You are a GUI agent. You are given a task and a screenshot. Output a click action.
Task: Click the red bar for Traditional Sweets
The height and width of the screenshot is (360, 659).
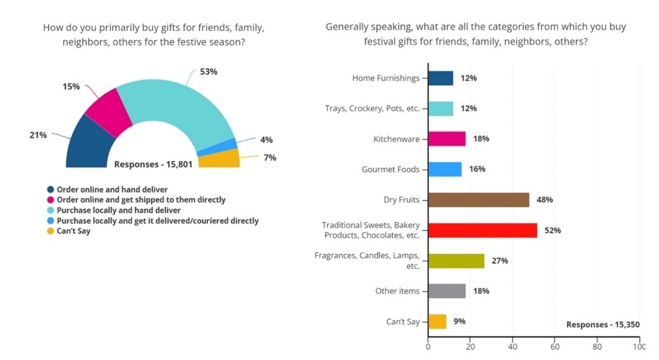coord(483,230)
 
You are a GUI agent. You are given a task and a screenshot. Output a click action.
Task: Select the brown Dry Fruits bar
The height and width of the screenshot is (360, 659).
coord(478,200)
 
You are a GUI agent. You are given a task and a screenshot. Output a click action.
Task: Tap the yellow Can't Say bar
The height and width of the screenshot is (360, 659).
coord(437,322)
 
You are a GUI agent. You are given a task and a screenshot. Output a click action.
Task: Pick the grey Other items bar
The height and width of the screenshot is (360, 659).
coord(447,292)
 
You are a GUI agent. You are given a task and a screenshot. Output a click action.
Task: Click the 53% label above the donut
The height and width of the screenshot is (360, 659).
coord(209,72)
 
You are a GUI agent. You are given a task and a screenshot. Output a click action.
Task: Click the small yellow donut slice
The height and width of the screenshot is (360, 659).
coord(219,159)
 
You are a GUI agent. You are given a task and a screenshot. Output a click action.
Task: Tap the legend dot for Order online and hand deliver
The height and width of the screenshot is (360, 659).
coord(51,190)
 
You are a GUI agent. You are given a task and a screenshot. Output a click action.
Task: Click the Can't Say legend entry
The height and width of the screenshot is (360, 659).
coord(73,231)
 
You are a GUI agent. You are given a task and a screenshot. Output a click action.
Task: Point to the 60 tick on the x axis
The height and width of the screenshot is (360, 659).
coord(555,347)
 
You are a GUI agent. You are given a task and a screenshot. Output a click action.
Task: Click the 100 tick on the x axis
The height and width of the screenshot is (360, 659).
coord(638,347)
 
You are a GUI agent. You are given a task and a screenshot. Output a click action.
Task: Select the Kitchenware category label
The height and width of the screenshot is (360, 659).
coord(396,139)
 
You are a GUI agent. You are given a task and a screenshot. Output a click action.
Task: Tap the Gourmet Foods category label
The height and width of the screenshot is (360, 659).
coord(390,170)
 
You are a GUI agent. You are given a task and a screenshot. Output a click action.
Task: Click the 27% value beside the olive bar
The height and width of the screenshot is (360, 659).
coord(500,261)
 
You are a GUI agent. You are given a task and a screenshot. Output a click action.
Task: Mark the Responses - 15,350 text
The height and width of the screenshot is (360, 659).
coord(603,325)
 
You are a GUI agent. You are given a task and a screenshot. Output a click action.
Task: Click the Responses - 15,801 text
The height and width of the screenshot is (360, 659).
coord(153,164)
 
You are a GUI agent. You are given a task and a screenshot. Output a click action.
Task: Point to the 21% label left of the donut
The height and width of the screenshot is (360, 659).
coord(38,135)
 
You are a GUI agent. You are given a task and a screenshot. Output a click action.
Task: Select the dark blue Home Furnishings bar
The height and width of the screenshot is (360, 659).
coord(441,78)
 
